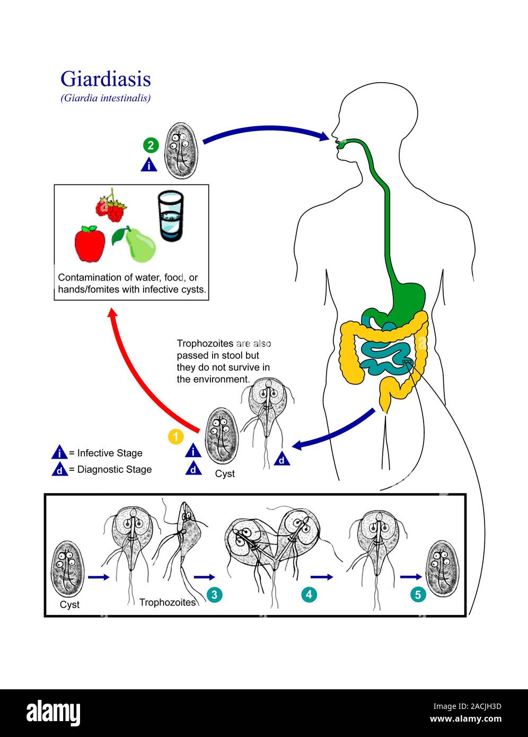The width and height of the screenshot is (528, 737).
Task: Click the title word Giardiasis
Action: click(105, 79)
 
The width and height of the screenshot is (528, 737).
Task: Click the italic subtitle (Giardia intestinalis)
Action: click(105, 98)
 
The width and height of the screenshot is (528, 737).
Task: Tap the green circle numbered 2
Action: click(150, 145)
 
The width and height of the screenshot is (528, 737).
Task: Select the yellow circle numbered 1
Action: click(175, 436)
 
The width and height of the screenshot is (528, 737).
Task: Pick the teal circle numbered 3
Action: click(214, 594)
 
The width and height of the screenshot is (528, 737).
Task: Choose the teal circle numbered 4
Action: click(309, 594)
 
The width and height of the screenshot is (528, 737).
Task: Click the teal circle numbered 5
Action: click(418, 594)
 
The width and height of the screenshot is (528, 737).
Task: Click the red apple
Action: click(90, 244)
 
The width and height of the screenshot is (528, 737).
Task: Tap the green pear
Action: click(139, 245)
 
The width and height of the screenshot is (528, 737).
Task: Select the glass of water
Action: click(171, 217)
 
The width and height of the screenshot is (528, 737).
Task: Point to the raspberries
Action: click(112, 208)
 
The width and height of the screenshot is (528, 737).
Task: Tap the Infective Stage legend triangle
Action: click(59, 453)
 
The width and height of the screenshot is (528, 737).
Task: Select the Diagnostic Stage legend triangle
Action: click(59, 469)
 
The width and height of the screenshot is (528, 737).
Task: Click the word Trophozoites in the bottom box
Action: click(167, 602)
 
